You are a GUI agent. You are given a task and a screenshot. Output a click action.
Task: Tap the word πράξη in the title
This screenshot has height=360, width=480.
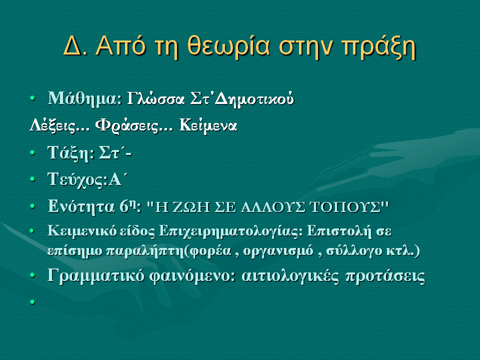[x=378, y=47]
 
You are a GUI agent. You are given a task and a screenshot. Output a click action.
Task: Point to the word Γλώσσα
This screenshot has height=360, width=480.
[x=156, y=98]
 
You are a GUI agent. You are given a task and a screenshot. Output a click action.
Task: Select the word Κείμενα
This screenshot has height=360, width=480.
[x=208, y=125]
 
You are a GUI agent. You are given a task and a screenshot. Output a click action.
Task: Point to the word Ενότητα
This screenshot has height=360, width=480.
[x=81, y=206]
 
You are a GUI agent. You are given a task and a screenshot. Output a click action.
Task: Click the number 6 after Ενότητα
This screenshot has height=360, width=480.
[x=123, y=206]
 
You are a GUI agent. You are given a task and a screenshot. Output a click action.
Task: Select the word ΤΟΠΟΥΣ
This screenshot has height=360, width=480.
[x=345, y=207]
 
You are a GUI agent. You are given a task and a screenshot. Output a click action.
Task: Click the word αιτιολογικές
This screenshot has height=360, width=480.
[x=290, y=276]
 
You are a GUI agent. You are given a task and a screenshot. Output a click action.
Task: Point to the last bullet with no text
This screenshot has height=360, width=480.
[x=32, y=302]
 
